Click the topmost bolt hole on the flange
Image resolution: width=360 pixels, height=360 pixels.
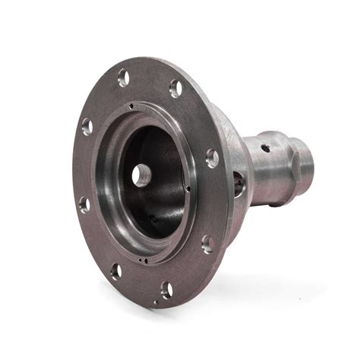pyautogui.click(x=123, y=77)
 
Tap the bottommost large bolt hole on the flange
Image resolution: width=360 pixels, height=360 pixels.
pyautogui.click(x=166, y=289)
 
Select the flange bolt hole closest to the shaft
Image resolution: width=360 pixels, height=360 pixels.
pyautogui.click(x=212, y=158)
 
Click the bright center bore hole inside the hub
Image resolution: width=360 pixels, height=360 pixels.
pyautogui.click(x=139, y=175)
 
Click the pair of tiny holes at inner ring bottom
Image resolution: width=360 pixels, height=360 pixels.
pyautogui.click(x=144, y=258)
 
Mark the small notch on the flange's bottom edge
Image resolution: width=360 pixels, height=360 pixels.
pyautogui.click(x=156, y=302)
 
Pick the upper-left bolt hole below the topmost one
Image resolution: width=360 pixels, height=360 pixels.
pyautogui.click(x=87, y=126)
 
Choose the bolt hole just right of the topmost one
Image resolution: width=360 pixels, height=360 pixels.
pyautogui.click(x=175, y=88)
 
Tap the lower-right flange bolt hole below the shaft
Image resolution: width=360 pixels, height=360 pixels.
pyautogui.click(x=207, y=243)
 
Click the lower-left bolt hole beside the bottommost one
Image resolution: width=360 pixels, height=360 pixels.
pyautogui.click(x=116, y=270)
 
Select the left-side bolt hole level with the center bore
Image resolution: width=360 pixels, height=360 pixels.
pyautogui.click(x=84, y=204)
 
